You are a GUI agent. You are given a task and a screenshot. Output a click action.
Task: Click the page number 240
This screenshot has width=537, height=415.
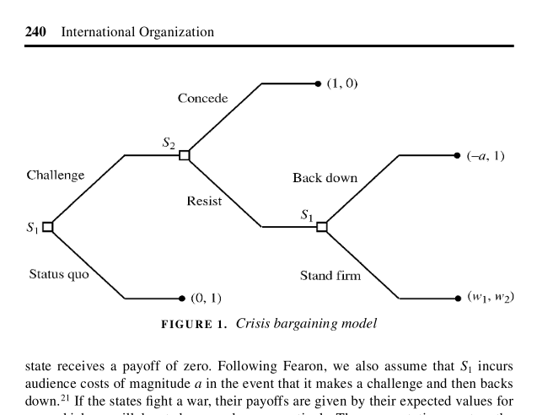click(35, 32)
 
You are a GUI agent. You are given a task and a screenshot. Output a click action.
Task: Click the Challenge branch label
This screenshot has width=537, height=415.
click(56, 175)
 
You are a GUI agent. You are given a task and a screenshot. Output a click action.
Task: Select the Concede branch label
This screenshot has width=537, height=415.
click(202, 99)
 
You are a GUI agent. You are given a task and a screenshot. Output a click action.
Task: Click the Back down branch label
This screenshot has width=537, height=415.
click(325, 178)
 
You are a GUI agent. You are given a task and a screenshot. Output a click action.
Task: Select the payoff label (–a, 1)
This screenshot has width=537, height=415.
click(485, 156)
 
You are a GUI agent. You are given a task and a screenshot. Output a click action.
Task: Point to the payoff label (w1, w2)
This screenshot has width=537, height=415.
click(490, 298)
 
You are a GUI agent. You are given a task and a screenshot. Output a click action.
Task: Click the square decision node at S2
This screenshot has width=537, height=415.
click(184, 155)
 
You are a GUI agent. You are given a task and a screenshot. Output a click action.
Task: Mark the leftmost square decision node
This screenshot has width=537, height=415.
click(48, 226)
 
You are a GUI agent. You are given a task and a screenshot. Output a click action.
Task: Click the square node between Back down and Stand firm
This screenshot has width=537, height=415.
click(320, 226)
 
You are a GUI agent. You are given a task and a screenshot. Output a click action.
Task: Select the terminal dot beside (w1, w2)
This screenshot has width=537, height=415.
click(456, 298)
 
